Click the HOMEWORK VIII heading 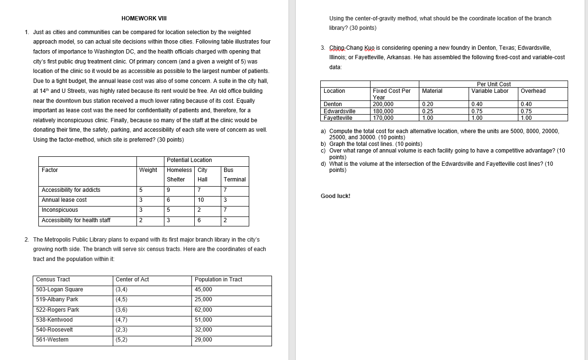tap(144, 18)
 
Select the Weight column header tap(148, 170)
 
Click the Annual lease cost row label tap(64, 200)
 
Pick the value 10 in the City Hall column tap(201, 200)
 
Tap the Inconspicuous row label tap(60, 210)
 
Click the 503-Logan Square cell tap(59, 289)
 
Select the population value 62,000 tap(203, 310)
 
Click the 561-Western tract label tap(52, 340)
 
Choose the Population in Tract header tap(218, 279)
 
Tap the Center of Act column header tap(132, 279)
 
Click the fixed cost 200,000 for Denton tap(383, 104)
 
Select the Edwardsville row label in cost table tap(339, 111)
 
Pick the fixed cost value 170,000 tap(383, 118)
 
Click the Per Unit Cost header tap(493, 84)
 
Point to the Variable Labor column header tap(489, 91)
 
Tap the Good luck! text tap(335, 196)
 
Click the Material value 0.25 tap(427, 111)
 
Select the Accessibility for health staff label tap(76, 220)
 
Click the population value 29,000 tap(203, 340)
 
